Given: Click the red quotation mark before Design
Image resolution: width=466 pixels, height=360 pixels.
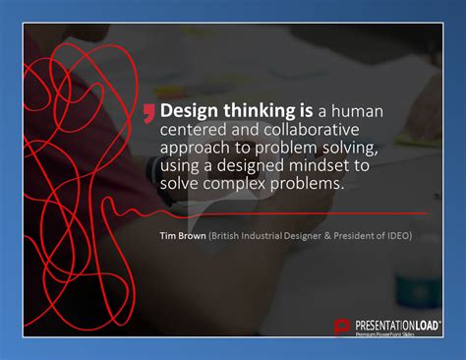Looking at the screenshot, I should [148, 111].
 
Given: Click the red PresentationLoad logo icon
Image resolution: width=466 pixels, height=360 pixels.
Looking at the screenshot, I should [342, 327].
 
